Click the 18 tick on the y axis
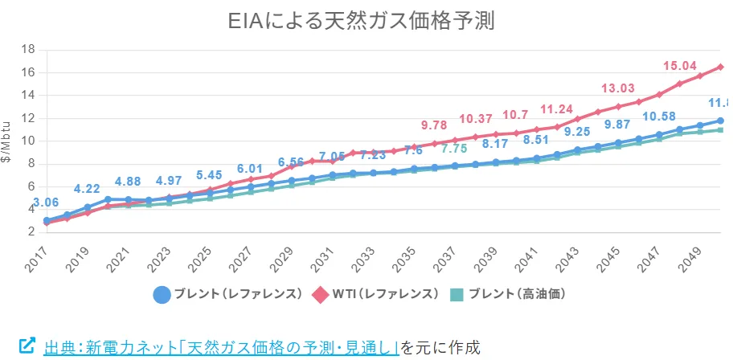27,49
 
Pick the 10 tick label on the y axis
27,141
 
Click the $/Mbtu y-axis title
7,141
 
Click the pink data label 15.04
679,66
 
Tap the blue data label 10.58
658,117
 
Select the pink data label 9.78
435,125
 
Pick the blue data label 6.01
248,168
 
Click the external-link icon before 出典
27,346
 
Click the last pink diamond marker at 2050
720,67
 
